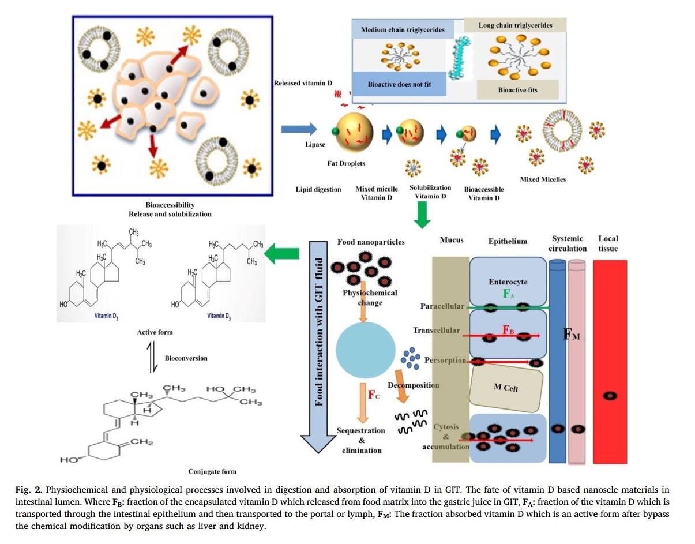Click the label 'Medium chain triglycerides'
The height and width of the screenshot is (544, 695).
tap(403, 29)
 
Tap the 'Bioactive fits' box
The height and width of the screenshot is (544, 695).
tap(517, 90)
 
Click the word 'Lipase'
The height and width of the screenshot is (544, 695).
tap(315, 144)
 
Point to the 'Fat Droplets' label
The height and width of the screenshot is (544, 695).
tap(346, 163)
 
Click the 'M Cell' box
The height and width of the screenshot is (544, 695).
tap(506, 388)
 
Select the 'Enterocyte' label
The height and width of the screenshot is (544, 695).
tap(507, 282)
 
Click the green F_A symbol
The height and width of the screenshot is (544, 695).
tap(508, 294)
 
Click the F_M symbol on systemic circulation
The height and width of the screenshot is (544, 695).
tap(572, 335)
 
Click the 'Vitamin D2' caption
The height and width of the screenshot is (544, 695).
tap(107, 316)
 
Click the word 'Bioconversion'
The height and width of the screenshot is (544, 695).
tap(186, 358)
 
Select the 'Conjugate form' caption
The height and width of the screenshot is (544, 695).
tap(212, 471)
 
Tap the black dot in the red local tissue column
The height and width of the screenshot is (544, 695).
tap(610, 396)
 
